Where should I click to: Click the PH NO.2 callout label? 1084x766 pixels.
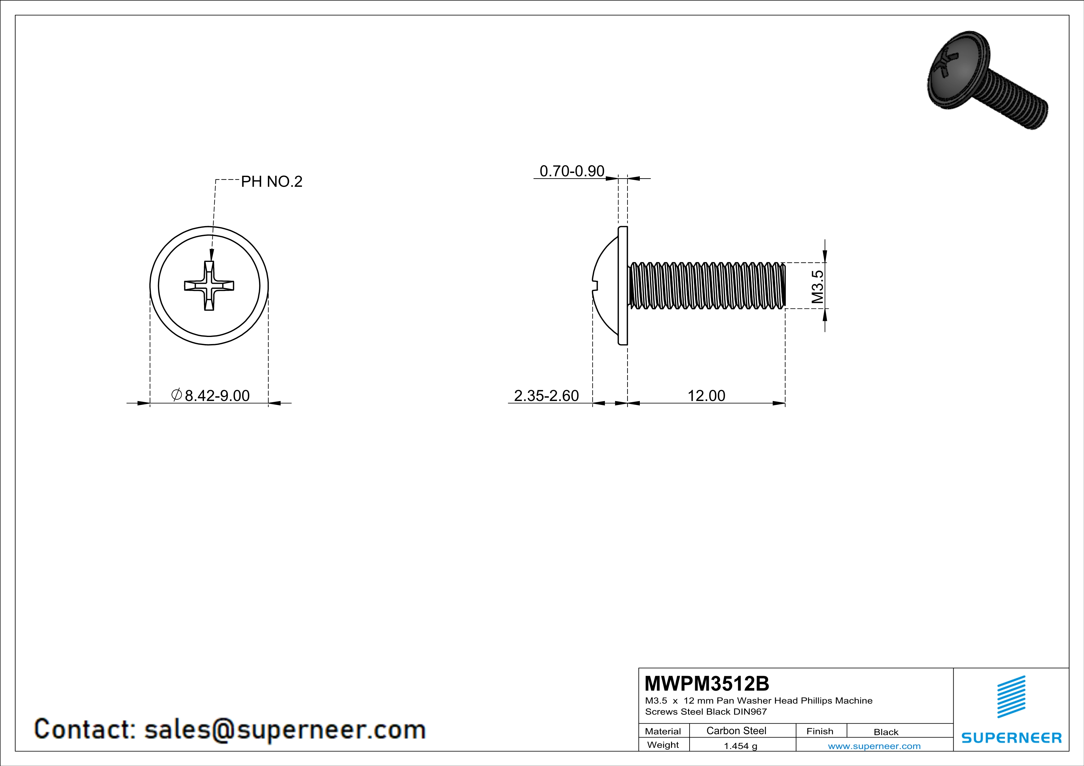coord(271,182)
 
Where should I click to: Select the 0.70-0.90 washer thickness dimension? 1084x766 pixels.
coord(572,171)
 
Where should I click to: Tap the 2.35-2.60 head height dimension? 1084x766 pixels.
coord(546,396)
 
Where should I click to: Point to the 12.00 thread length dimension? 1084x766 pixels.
coord(706,396)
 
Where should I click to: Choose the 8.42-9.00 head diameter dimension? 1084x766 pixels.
coord(210,395)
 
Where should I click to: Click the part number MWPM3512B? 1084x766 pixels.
coord(707,684)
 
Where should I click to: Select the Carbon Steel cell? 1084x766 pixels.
coord(736,730)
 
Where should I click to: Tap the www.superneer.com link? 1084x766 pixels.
coord(874,746)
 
